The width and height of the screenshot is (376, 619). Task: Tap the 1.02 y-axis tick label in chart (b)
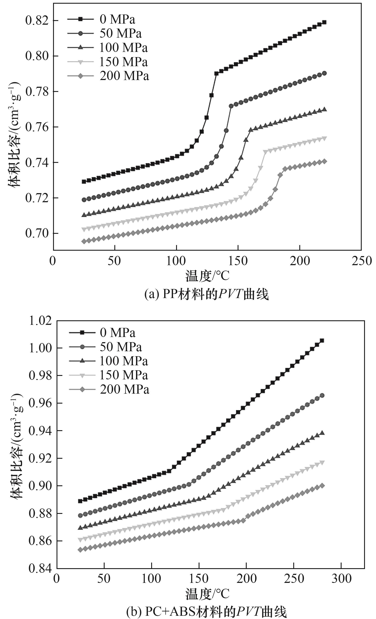click(40, 321)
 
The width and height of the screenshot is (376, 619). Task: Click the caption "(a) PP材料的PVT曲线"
click(206, 294)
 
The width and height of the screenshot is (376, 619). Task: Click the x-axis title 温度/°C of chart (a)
click(207, 276)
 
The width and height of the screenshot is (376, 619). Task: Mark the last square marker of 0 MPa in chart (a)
click(324, 22)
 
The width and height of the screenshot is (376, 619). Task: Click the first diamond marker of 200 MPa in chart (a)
click(84, 241)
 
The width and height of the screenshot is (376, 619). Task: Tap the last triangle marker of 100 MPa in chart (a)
click(324, 109)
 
